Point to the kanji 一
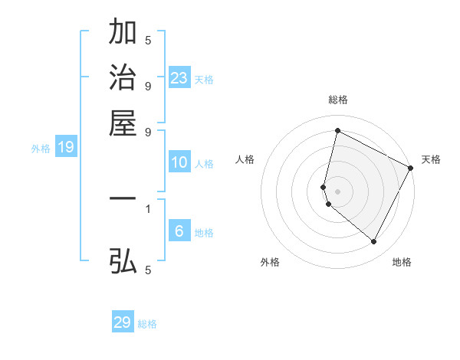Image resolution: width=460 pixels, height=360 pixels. click(x=123, y=198)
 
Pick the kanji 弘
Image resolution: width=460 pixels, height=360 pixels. click(x=123, y=261)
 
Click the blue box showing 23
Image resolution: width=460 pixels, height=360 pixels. click(x=179, y=78)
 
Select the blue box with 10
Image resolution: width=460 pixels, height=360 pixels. click(x=179, y=162)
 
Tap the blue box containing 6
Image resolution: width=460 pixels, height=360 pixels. click(x=179, y=231)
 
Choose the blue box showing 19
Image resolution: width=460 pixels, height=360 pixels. click(x=65, y=148)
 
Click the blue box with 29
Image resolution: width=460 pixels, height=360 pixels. click(x=123, y=322)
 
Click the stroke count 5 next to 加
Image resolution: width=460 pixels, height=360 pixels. click(x=148, y=40)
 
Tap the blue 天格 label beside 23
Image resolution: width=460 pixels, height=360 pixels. click(x=204, y=80)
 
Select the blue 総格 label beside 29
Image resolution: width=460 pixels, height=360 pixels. click(x=147, y=324)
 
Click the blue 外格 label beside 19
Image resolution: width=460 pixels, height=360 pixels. click(x=41, y=149)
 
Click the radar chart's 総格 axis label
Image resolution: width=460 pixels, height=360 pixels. click(x=337, y=100)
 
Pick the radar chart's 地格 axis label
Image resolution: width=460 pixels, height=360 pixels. click(x=402, y=262)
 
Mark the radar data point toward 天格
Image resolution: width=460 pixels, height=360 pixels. click(x=411, y=168)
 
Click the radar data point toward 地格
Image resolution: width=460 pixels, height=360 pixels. click(x=374, y=242)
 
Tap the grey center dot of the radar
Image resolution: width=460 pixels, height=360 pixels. click(x=337, y=191)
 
